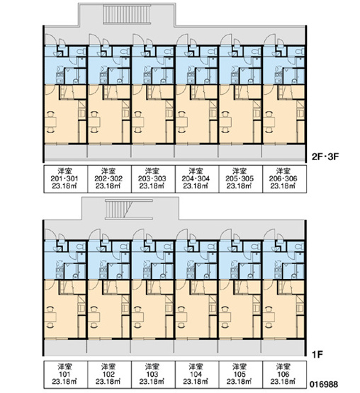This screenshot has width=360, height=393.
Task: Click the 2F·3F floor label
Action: coord(325,157)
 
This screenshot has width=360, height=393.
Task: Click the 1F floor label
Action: coord(317,355)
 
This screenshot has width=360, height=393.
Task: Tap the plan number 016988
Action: coord(324,385)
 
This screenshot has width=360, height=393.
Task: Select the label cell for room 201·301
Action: coord(66,179)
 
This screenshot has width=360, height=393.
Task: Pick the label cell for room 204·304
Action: coord(197,179)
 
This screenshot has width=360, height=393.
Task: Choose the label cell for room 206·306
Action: coord(284,179)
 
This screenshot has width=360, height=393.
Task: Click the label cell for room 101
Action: coord(66,375)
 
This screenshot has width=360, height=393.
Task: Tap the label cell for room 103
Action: coord(153,375)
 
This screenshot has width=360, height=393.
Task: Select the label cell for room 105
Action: coord(240,375)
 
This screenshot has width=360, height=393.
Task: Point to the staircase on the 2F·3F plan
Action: coord(127,15)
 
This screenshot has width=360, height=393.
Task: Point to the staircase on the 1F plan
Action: coord(129,210)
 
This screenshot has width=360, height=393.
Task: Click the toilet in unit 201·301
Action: coord(80,52)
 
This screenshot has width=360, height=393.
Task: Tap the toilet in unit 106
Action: coord(299,246)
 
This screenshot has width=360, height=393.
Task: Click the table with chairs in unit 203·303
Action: coord(137,122)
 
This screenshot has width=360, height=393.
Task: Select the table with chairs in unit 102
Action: coord(94,317)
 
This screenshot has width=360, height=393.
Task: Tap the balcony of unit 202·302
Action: coord(109,152)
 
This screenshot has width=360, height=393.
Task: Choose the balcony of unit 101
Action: coord(65,347)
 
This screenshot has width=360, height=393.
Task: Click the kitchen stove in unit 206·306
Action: coord(278,74)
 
